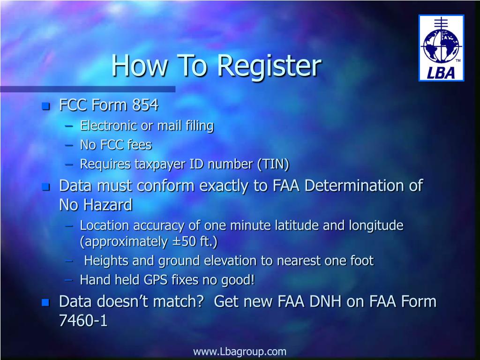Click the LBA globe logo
pyautogui.click(x=441, y=48)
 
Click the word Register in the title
pyautogui.click(x=269, y=66)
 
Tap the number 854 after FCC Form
pyautogui.click(x=145, y=105)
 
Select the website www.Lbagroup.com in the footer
pyautogui.click(x=240, y=352)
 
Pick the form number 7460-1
pyautogui.click(x=83, y=321)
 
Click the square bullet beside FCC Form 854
pyautogui.click(x=45, y=106)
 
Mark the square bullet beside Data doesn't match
pyautogui.click(x=45, y=302)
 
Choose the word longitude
pyautogui.click(x=376, y=225)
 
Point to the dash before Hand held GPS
pyautogui.click(x=69, y=280)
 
